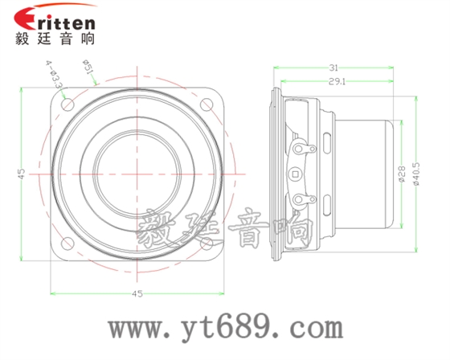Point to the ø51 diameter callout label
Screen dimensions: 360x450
89,72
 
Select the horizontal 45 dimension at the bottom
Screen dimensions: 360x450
137,294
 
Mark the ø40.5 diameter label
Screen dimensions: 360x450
416,172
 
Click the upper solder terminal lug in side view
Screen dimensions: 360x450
304,148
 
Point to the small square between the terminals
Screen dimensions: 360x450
299,172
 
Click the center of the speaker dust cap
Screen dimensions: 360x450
138,172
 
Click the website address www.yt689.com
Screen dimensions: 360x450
226,328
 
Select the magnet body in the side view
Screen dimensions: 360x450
366,172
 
